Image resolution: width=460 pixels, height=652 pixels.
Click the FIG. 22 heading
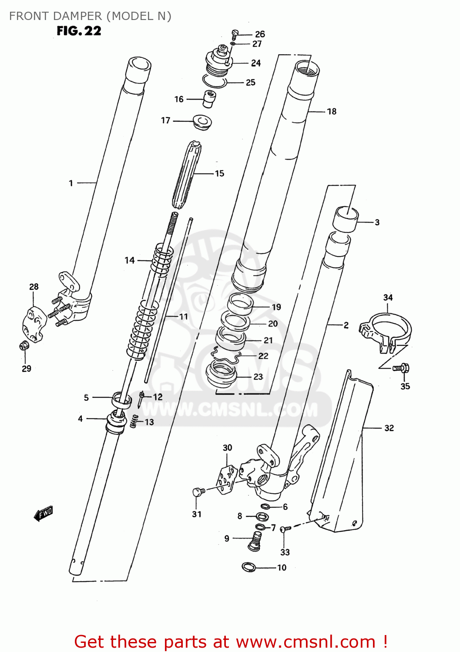(79, 31)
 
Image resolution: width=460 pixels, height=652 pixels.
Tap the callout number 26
(260, 34)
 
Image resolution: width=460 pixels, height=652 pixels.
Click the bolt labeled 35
(401, 368)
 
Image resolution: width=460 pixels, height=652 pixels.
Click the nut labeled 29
(24, 346)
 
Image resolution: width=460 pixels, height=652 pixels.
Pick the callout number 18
(332, 111)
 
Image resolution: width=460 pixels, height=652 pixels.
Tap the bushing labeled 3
(345, 219)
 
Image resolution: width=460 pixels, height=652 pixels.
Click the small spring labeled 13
(134, 421)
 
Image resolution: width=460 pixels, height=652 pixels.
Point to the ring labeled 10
(248, 567)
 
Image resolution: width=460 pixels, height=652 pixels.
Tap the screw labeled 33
(285, 529)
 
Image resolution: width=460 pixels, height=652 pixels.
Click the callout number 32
(389, 428)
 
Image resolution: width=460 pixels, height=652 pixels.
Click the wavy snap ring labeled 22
(226, 356)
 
